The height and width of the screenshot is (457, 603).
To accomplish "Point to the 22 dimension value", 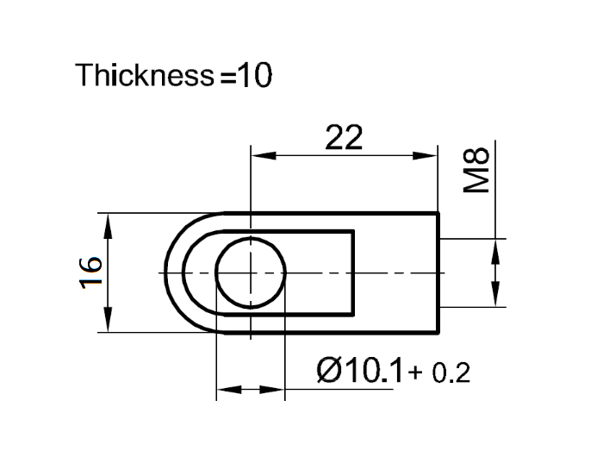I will pos(344,138).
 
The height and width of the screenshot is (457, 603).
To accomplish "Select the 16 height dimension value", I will pos(93,272).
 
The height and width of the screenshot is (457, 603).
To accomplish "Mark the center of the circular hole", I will pos(250,272).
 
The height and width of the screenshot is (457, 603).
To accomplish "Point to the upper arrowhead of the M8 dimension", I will pos(495,250).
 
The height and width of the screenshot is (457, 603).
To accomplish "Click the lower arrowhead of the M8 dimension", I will pos(495,294).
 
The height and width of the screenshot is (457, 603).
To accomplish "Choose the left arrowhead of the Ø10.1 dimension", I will pos(227,390).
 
